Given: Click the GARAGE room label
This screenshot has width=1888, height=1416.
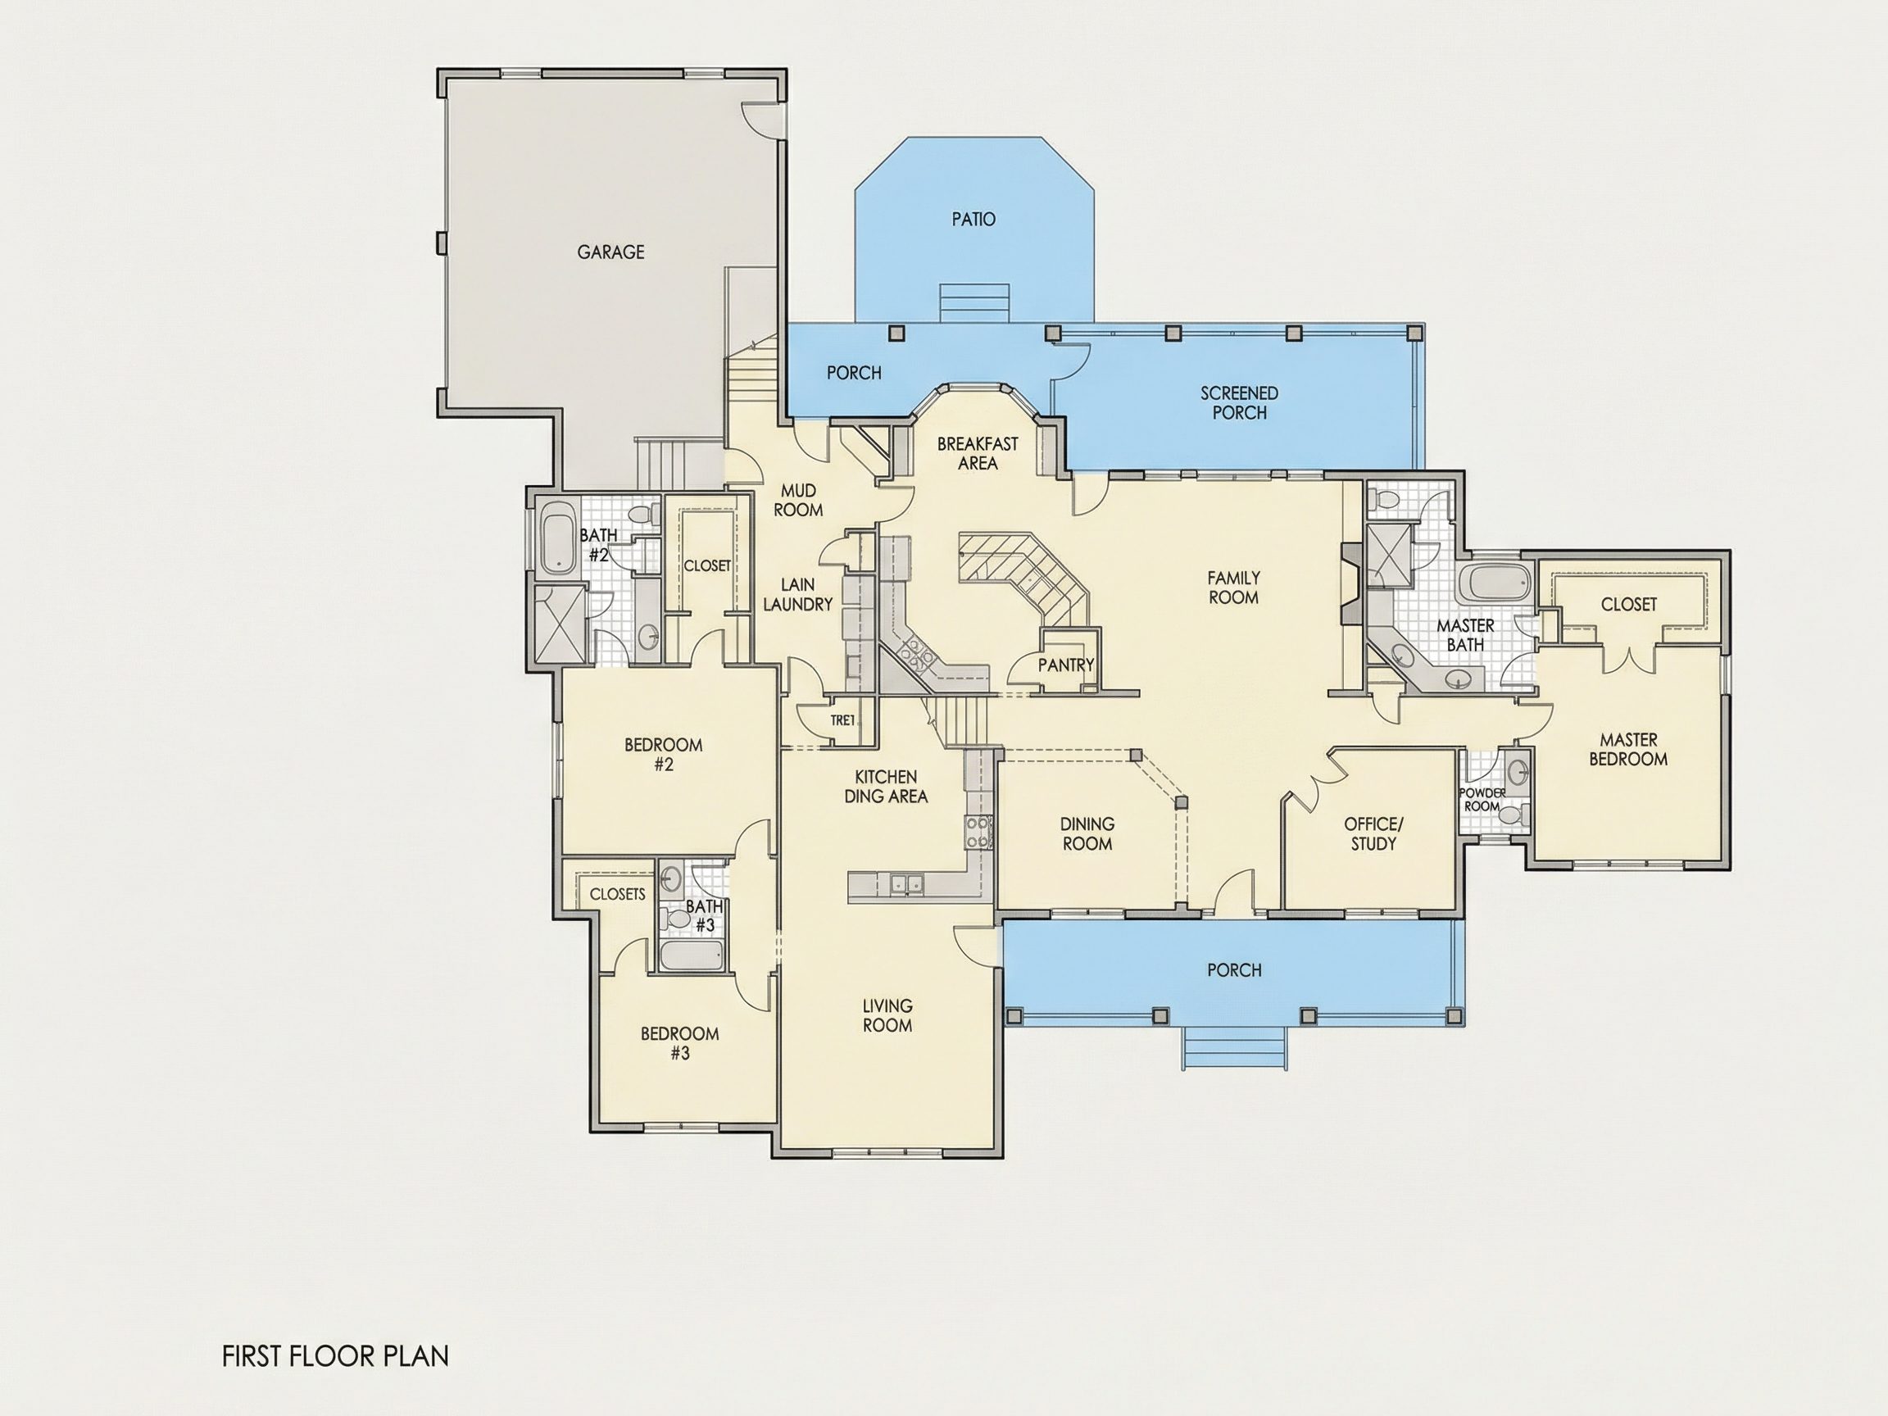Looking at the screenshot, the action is [610, 252].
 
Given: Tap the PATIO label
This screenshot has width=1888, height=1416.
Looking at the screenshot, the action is [973, 220].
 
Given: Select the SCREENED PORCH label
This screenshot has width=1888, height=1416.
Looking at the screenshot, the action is [1239, 403].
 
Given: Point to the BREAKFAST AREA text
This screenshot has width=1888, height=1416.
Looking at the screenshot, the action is [978, 453].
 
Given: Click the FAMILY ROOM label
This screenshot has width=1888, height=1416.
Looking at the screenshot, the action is [1233, 588].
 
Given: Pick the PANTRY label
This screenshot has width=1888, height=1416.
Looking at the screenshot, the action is [1066, 664].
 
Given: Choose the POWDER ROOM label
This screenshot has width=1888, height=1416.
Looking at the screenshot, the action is [1482, 800].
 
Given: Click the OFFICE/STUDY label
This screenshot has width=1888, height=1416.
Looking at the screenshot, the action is [1373, 834].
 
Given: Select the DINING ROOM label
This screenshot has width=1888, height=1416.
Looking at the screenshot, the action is [1087, 834].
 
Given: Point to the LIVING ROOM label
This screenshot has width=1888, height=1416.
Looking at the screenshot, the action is [887, 1015].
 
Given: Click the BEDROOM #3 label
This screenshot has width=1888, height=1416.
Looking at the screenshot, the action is [679, 1043].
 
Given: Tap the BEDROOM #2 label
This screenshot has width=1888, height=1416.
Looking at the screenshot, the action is [663, 755].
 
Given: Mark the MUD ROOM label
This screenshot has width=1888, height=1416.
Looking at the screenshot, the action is [798, 500].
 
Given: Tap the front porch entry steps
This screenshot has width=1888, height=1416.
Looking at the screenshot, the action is [1234, 1047].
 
